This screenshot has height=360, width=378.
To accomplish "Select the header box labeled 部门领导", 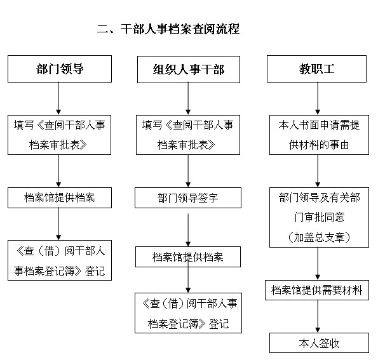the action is click(x=60, y=69).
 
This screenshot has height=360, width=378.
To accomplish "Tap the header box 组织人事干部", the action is click(x=189, y=70).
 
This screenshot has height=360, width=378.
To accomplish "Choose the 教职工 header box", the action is click(x=316, y=69).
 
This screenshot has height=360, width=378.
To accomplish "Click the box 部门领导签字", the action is click(x=188, y=198).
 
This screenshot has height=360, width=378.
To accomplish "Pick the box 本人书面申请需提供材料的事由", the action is click(x=319, y=135).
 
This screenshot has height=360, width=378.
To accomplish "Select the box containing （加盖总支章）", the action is click(x=319, y=217).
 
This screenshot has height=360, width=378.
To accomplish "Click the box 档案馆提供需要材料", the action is click(x=317, y=290).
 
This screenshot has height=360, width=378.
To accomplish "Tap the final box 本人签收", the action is click(x=319, y=343).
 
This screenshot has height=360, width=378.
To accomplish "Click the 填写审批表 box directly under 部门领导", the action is click(x=59, y=135).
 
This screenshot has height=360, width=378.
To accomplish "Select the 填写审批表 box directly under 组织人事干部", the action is click(x=188, y=135).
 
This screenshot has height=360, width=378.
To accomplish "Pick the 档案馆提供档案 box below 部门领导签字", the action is click(x=188, y=257).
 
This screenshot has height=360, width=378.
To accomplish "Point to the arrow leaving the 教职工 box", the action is click(x=318, y=98).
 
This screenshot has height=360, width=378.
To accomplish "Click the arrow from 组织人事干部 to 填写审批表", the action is click(x=188, y=98).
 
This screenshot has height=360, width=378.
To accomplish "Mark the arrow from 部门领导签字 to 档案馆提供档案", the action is click(x=188, y=230).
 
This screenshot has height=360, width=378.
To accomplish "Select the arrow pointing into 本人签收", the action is click(x=318, y=316).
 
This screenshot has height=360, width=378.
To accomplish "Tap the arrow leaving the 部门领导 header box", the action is click(x=58, y=98).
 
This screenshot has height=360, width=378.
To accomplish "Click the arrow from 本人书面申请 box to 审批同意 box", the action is click(x=318, y=171).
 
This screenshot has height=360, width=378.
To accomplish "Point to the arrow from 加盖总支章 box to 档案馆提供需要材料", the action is click(x=318, y=263).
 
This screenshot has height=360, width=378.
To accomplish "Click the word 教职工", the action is click(x=317, y=69).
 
